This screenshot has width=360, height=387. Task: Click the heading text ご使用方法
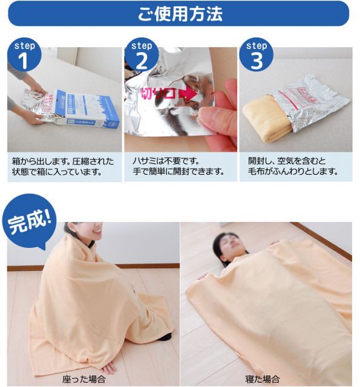click(x=180, y=13)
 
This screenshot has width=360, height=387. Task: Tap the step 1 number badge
click(x=24, y=56)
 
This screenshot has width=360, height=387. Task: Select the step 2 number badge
click(x=141, y=56)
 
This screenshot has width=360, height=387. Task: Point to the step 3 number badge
click(x=256, y=56)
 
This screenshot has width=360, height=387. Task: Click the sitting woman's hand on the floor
click(x=110, y=368)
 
